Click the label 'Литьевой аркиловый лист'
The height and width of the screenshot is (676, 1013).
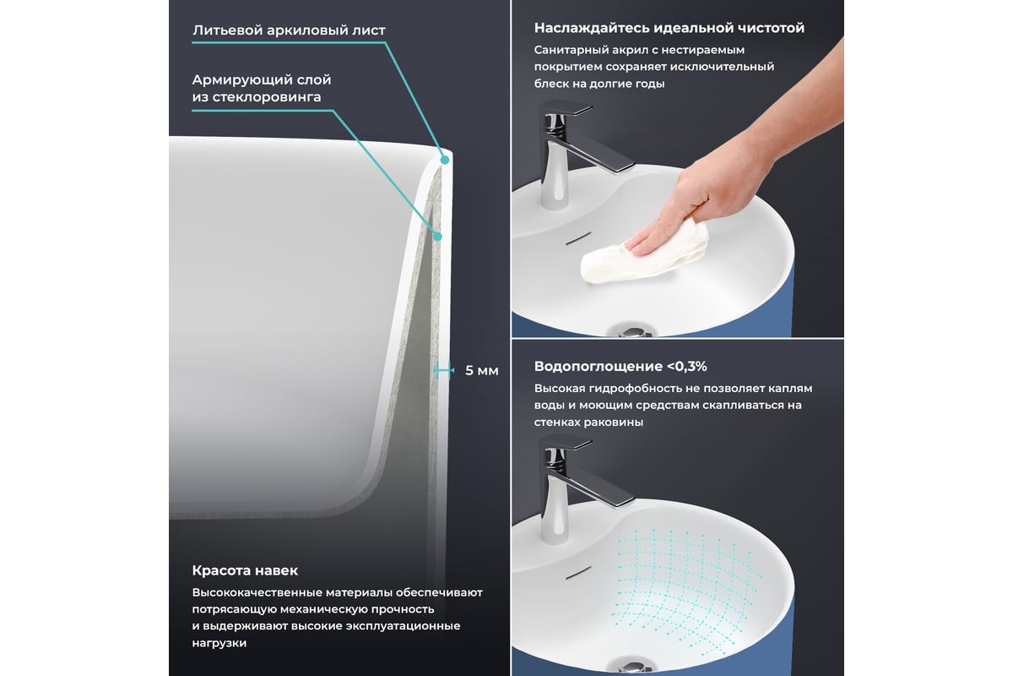tap(289, 30)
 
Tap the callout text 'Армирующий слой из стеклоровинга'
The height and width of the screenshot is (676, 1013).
tap(262, 88)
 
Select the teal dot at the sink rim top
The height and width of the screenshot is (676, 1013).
tap(445, 160)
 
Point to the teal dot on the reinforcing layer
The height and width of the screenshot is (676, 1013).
tap(437, 237)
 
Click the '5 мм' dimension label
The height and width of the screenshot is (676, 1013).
tap(482, 371)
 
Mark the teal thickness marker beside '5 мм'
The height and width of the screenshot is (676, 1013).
tap(443, 370)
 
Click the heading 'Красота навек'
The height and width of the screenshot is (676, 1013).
tap(245, 570)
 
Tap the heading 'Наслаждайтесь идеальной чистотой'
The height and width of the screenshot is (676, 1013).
tap(669, 28)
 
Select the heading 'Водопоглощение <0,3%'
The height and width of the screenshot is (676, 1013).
tap(620, 366)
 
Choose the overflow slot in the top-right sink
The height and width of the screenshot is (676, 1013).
tap(578, 238)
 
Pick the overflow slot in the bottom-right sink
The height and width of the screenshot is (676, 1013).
tap(578, 572)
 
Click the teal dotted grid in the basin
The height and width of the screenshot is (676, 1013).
tap(685, 591)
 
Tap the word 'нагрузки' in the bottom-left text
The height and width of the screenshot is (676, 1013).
tap(219, 643)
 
